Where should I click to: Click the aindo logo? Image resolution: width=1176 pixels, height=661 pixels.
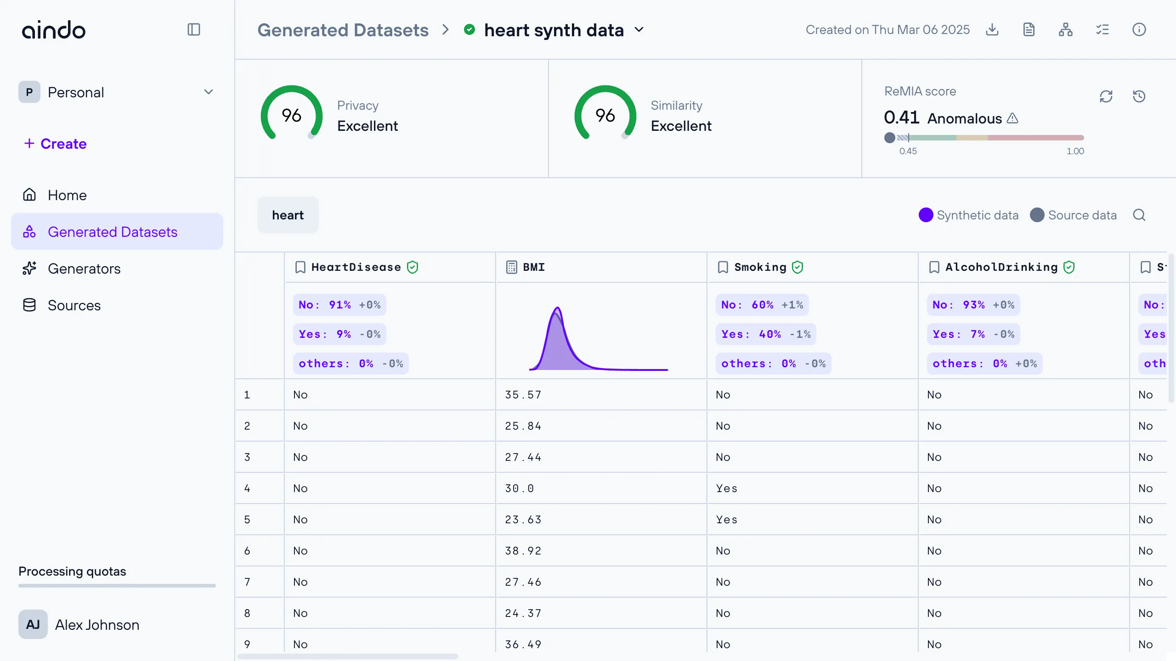click(54, 30)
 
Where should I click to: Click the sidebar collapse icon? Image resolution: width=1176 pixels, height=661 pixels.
click(194, 30)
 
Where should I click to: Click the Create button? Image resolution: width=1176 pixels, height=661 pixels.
click(56, 144)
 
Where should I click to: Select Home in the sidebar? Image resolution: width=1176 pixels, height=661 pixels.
click(67, 195)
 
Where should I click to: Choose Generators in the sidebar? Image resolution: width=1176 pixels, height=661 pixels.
click(84, 269)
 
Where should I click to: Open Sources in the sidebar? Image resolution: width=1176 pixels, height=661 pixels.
click(74, 305)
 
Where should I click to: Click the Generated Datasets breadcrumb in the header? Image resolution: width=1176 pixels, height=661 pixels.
click(343, 30)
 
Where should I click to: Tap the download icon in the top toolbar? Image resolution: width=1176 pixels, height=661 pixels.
click(992, 30)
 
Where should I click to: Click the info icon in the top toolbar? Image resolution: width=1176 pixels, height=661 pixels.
click(1139, 30)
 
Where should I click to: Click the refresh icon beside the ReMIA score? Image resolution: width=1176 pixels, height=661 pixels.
click(1106, 96)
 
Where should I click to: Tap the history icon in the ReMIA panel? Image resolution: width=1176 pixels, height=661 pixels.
click(1139, 96)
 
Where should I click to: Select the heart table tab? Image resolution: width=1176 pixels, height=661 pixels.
click(288, 215)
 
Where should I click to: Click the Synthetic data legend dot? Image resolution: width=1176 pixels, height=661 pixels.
click(926, 215)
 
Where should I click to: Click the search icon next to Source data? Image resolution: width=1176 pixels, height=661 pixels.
click(1139, 215)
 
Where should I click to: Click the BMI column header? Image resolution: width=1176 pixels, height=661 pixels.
click(534, 267)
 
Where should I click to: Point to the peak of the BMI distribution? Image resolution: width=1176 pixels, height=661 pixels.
click(558, 308)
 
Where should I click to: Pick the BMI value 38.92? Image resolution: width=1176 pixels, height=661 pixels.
click(523, 551)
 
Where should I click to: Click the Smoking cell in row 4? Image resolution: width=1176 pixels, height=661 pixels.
click(727, 488)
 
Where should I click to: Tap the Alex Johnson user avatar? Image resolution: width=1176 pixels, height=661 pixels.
click(33, 624)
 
